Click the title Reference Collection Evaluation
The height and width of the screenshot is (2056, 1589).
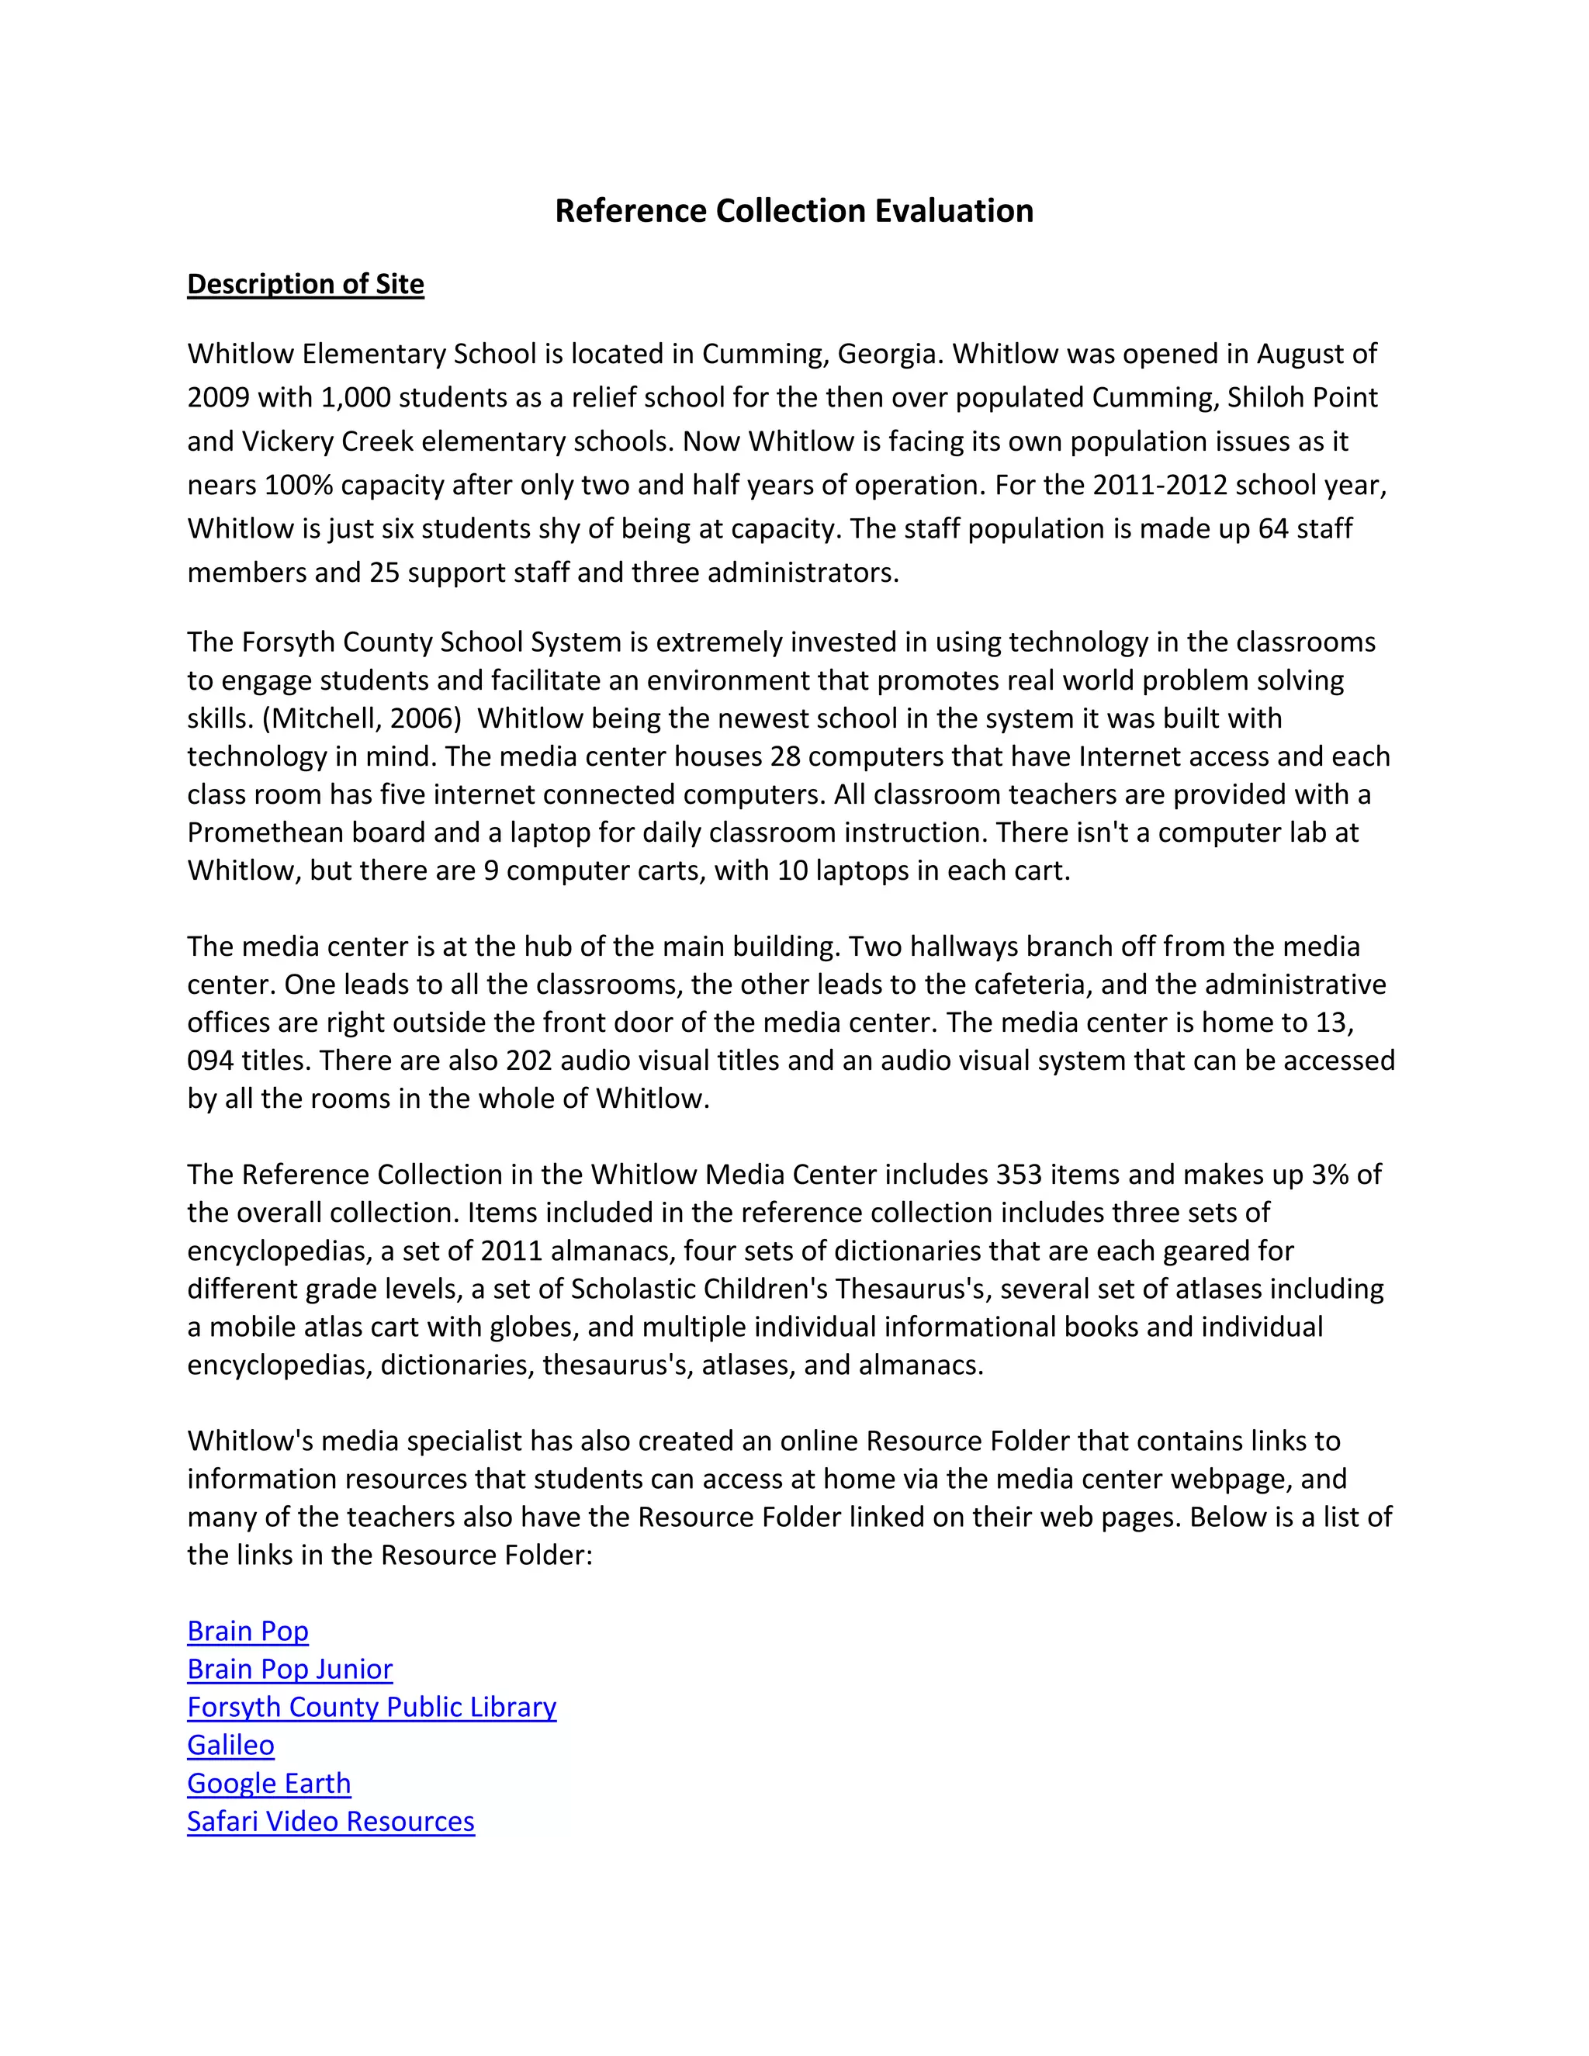tap(794, 210)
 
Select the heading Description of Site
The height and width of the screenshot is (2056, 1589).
tap(305, 284)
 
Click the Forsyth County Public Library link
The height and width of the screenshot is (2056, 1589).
tap(371, 1707)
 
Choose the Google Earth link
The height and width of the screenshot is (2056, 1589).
tap(268, 1783)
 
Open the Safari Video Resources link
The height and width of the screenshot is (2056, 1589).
tap(331, 1822)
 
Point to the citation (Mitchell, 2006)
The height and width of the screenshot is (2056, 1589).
tap(362, 718)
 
